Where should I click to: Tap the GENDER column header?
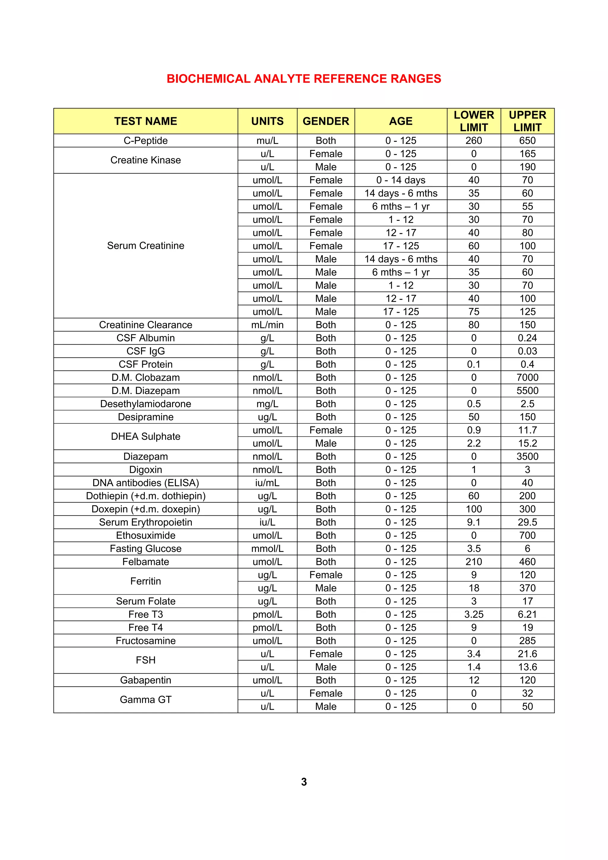coord(326,121)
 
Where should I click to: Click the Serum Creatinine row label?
coord(145,246)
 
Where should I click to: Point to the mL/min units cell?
coord(267,325)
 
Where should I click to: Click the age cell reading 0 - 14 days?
coord(400,180)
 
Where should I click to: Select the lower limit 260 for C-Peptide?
coord(474,140)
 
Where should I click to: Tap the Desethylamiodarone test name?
coord(145,404)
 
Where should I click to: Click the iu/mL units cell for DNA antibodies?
coord(267,483)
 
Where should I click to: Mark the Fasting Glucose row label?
coord(145,548)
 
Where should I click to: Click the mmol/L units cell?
coord(267,548)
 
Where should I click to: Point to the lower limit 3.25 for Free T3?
coord(474,614)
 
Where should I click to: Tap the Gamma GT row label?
coord(145,700)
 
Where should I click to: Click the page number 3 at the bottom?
coord(304,782)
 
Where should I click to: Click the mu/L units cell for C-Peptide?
coord(267,140)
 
